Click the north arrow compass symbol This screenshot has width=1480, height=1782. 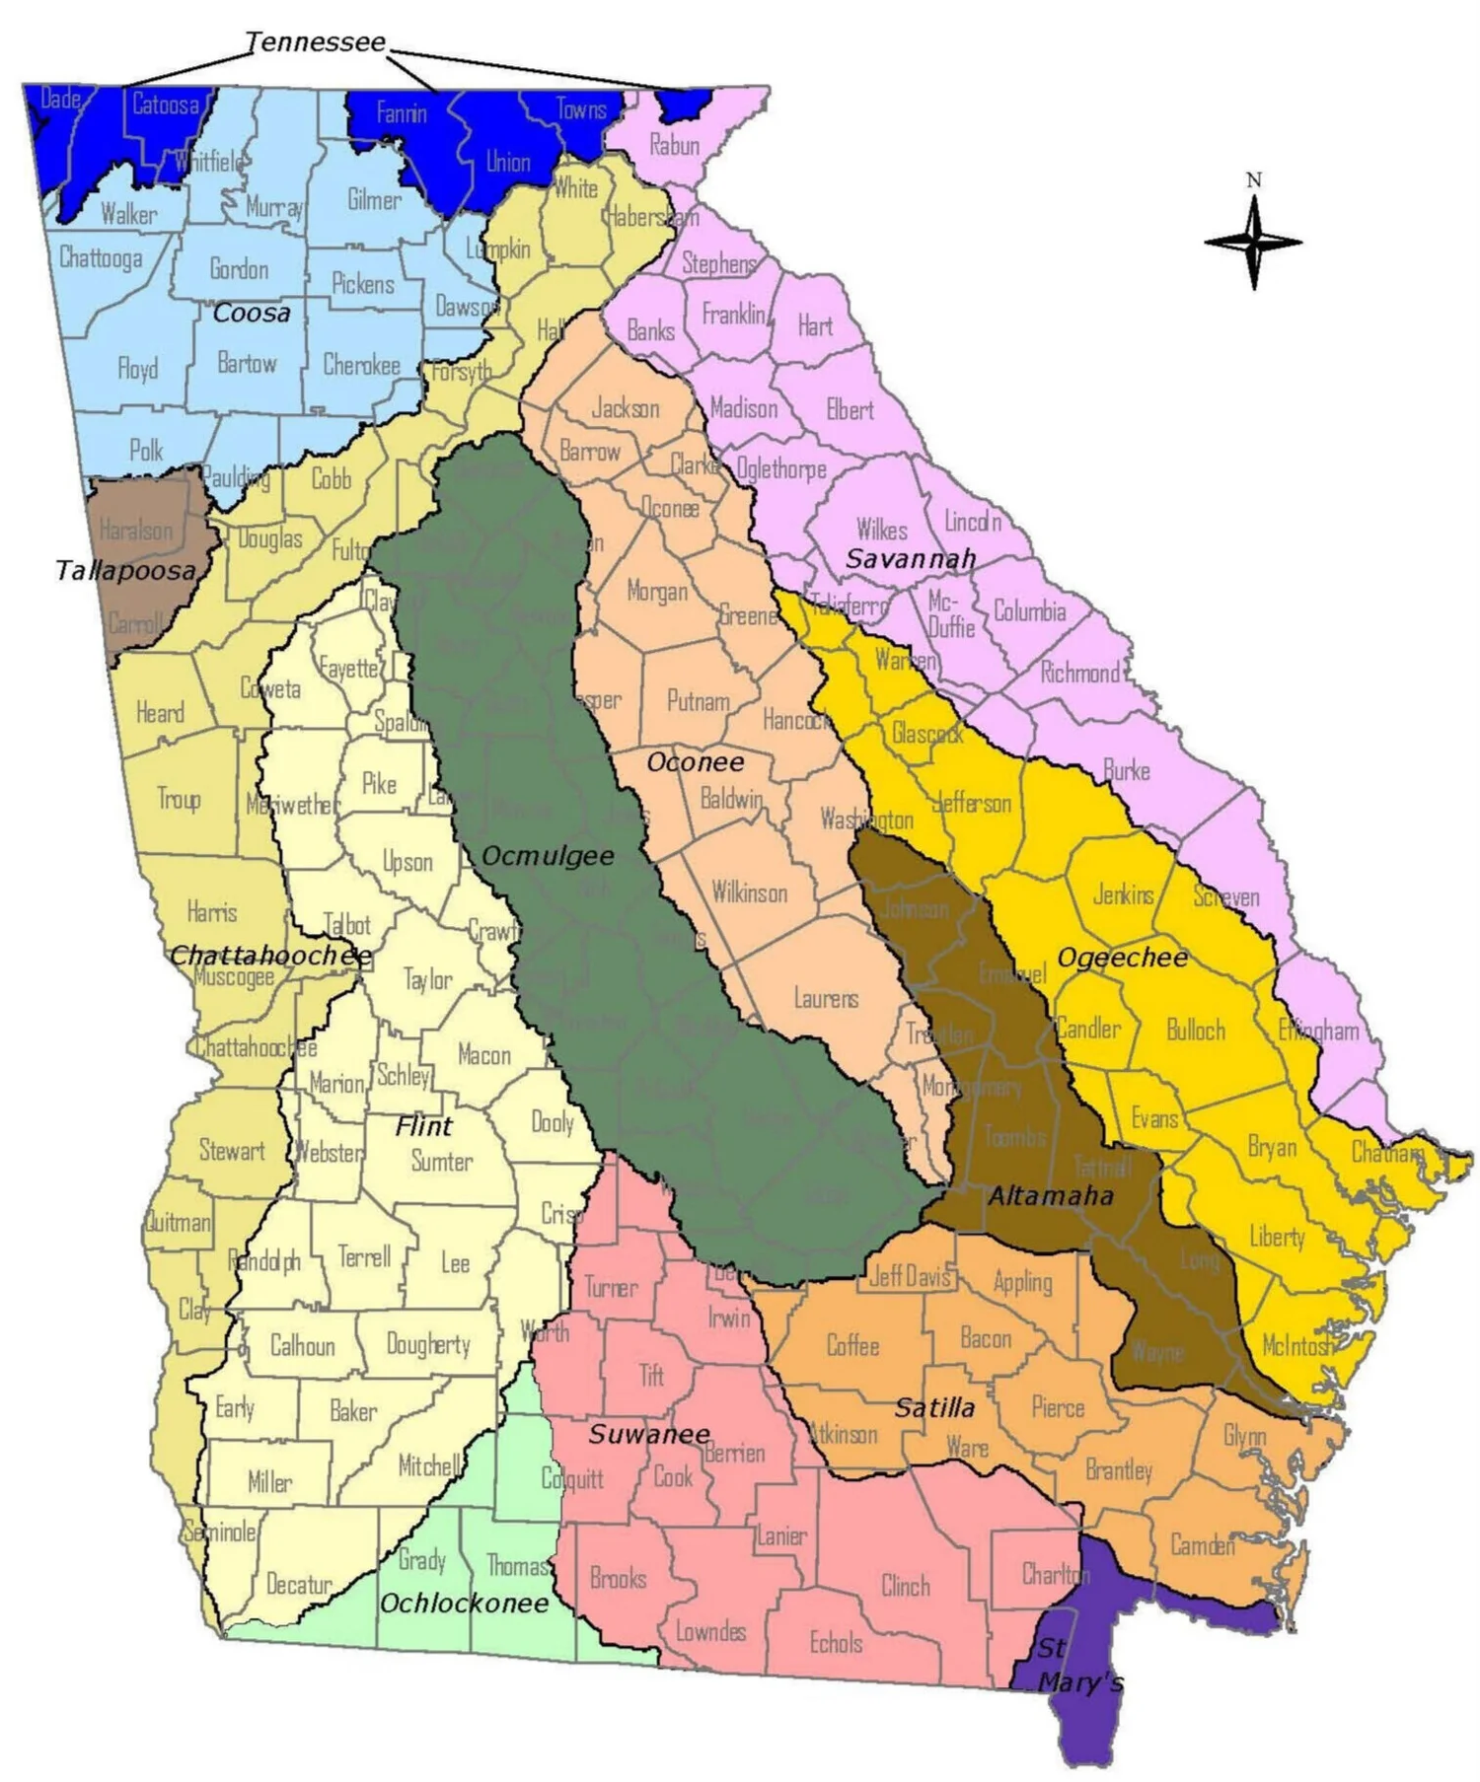[1253, 241]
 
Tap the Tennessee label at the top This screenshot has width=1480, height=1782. [315, 42]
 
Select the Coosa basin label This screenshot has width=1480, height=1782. [252, 313]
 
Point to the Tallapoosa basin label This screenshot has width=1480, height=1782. [125, 570]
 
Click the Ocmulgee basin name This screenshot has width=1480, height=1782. [548, 855]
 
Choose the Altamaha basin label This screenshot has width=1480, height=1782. [1050, 1196]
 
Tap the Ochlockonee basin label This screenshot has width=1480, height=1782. [464, 1603]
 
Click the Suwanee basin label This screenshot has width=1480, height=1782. [648, 1434]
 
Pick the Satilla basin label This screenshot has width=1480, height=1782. [933, 1407]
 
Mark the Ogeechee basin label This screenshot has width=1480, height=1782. [1122, 957]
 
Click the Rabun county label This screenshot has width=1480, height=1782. [674, 145]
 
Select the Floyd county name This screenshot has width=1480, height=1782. [137, 369]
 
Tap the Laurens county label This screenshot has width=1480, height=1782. [826, 998]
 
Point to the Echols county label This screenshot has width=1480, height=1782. [836, 1643]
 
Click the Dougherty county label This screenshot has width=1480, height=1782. [428, 1343]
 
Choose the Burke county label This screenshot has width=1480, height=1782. [1126, 770]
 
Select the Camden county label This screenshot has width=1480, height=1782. [1202, 1543]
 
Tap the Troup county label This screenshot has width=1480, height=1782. [179, 798]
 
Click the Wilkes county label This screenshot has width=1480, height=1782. [881, 530]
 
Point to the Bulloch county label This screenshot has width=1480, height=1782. [1196, 1030]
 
